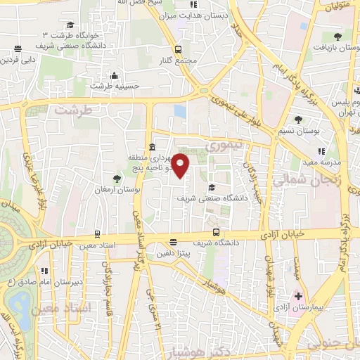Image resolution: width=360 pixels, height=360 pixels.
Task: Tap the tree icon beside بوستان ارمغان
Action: [x=117, y=179]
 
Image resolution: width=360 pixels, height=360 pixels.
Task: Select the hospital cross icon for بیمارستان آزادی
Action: [x=298, y=295]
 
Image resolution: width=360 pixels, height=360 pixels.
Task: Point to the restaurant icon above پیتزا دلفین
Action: [x=173, y=243]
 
